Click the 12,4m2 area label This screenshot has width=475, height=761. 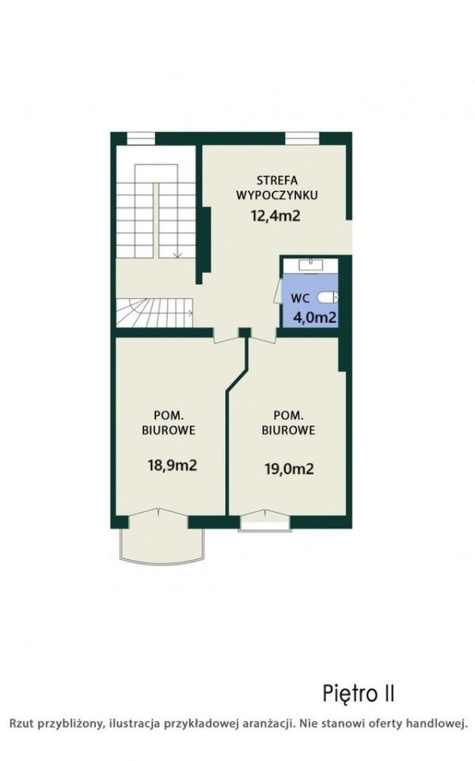click(275, 216)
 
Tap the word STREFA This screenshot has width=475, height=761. click(277, 181)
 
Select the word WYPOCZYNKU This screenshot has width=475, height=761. click(277, 196)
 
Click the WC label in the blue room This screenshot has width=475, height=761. click(301, 298)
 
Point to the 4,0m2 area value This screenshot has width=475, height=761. click(315, 318)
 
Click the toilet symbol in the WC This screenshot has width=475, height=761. click(328, 297)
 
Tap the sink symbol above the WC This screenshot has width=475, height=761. click(310, 266)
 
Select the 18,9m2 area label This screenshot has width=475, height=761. click(172, 466)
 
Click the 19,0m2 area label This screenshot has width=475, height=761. click(289, 468)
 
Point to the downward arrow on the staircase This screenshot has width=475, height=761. click(177, 251)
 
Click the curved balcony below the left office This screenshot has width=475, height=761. click(161, 546)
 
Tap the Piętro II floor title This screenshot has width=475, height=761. click(359, 694)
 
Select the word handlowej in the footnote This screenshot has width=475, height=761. click(439, 724)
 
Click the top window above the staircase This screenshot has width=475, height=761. click(141, 138)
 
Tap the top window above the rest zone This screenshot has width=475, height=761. click(302, 138)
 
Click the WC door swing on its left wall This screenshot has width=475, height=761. click(278, 291)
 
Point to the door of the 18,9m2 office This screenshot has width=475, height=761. click(228, 338)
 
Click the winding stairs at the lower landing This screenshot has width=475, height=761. click(154, 312)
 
